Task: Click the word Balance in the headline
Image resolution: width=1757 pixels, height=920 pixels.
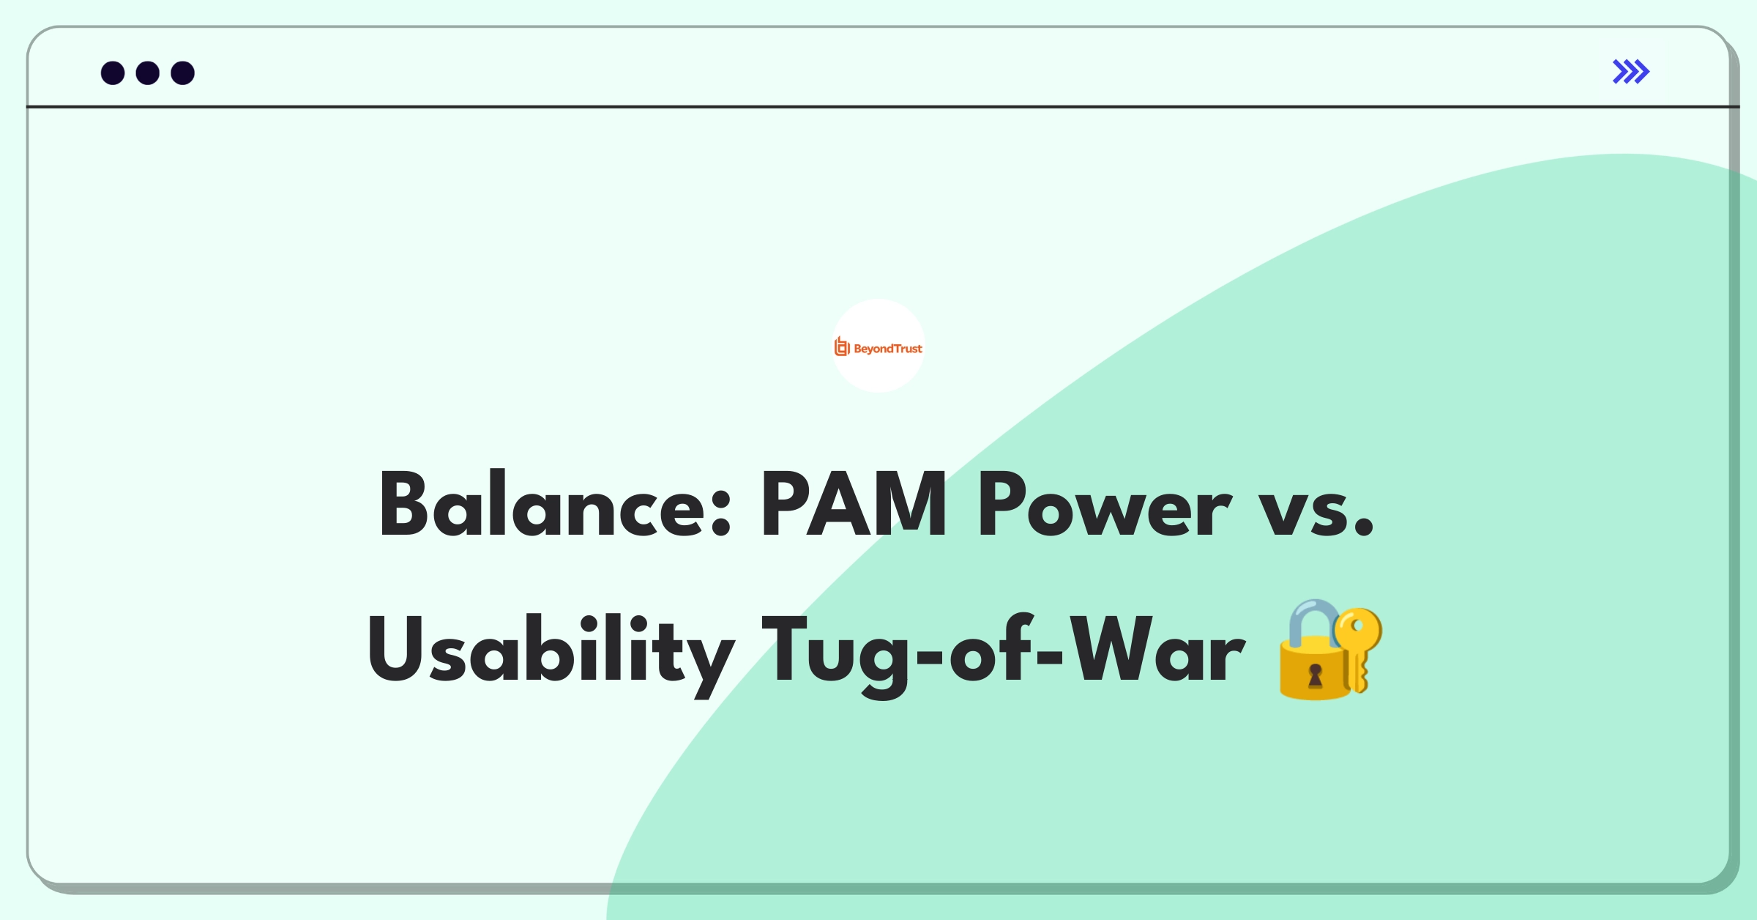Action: click(542, 505)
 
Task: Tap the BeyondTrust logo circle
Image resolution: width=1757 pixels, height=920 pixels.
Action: click(878, 346)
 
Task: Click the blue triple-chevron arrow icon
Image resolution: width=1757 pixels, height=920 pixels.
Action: click(1630, 72)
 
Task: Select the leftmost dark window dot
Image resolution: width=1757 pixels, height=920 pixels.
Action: click(113, 73)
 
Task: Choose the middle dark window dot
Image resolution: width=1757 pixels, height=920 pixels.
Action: click(148, 73)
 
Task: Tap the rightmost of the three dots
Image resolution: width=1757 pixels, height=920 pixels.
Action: click(183, 73)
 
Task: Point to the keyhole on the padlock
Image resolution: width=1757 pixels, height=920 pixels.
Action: click(1316, 675)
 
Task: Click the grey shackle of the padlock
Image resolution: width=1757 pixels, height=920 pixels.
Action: click(1311, 620)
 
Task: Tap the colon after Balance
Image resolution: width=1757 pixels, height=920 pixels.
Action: click(721, 513)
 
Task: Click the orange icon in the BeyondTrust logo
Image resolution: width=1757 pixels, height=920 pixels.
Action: click(842, 346)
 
